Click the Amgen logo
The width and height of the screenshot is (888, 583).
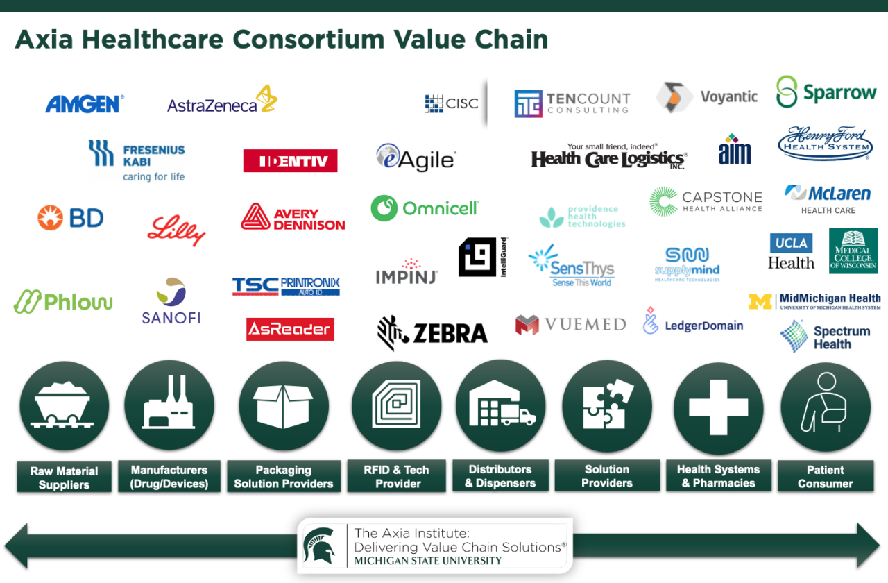[x=84, y=104]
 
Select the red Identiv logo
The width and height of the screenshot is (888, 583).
[x=290, y=161]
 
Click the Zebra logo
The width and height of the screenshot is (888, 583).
[x=432, y=332]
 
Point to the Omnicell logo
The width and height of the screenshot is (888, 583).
[x=425, y=208]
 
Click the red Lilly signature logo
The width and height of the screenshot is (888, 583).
[x=177, y=230]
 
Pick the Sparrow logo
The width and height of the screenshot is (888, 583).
[x=826, y=92]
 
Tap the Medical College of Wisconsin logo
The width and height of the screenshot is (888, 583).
[x=853, y=251]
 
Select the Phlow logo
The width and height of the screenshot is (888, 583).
[x=63, y=302]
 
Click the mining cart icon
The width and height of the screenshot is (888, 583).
[x=64, y=405]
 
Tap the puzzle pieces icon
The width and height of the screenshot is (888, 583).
[x=607, y=405]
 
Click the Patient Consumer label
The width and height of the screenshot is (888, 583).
[x=825, y=477]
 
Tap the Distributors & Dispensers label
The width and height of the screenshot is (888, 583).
[x=500, y=475]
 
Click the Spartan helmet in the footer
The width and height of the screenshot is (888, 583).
[x=321, y=546]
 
